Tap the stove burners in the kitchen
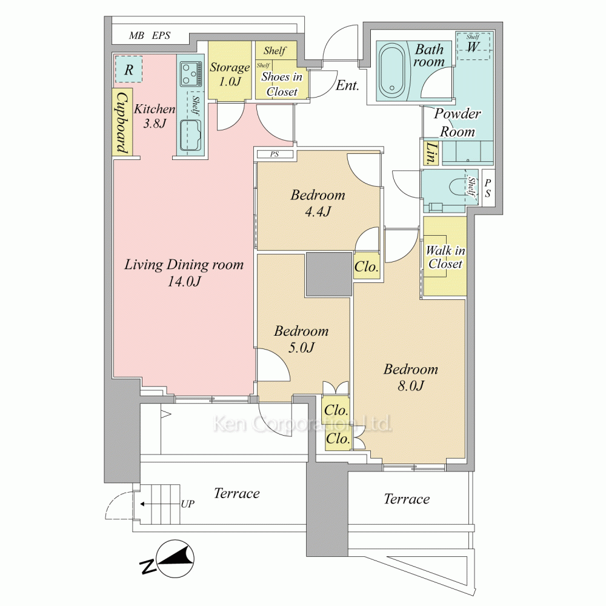click(x=191, y=74)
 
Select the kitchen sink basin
click(x=190, y=136)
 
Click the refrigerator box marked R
click(x=128, y=69)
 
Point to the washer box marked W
click(x=473, y=46)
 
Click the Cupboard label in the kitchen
click(x=122, y=122)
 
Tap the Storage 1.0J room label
click(x=230, y=74)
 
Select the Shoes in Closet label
click(x=282, y=84)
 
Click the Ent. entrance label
click(x=347, y=85)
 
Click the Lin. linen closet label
click(x=431, y=153)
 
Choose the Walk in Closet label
click(x=445, y=257)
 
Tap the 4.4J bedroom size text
click(x=318, y=211)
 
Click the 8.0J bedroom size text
click(x=411, y=385)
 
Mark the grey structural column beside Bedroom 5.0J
click(x=328, y=275)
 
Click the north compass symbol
click(x=170, y=559)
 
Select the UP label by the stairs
click(x=187, y=504)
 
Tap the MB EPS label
click(x=150, y=36)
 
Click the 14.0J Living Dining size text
click(x=184, y=281)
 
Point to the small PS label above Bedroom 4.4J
click(x=275, y=154)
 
